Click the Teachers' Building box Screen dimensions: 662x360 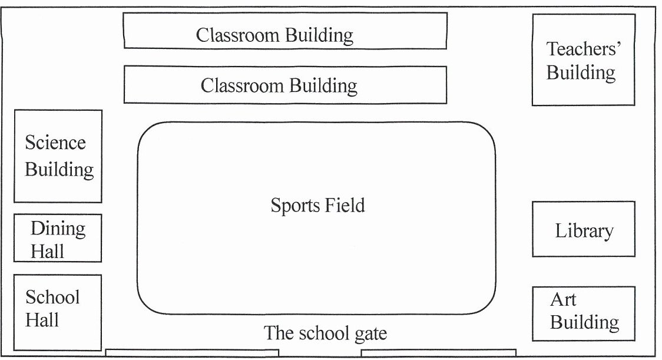tap(583, 60)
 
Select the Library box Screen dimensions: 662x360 tap(583, 229)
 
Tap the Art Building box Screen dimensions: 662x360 tap(583, 313)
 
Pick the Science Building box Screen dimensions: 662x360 tap(58, 156)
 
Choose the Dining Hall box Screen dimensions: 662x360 tap(58, 238)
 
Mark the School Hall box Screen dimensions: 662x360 tap(57, 312)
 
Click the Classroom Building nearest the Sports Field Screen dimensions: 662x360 tap(284, 85)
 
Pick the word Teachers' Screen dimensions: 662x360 tap(584, 48)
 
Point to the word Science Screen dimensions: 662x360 tap(55, 143)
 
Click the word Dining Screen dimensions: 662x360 tap(58, 228)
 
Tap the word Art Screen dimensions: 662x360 tap(562, 299)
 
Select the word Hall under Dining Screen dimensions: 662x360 tap(47, 252)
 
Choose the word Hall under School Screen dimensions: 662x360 tap(42, 320)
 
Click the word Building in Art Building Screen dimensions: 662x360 tap(584, 323)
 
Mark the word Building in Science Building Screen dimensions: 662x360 tap(59, 170)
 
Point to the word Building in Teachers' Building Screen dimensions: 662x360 tap(581, 73)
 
